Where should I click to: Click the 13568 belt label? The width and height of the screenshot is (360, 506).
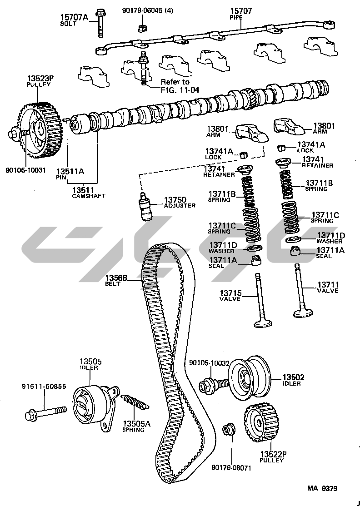pos(116,278)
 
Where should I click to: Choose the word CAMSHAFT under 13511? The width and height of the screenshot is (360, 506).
pos(89,196)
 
